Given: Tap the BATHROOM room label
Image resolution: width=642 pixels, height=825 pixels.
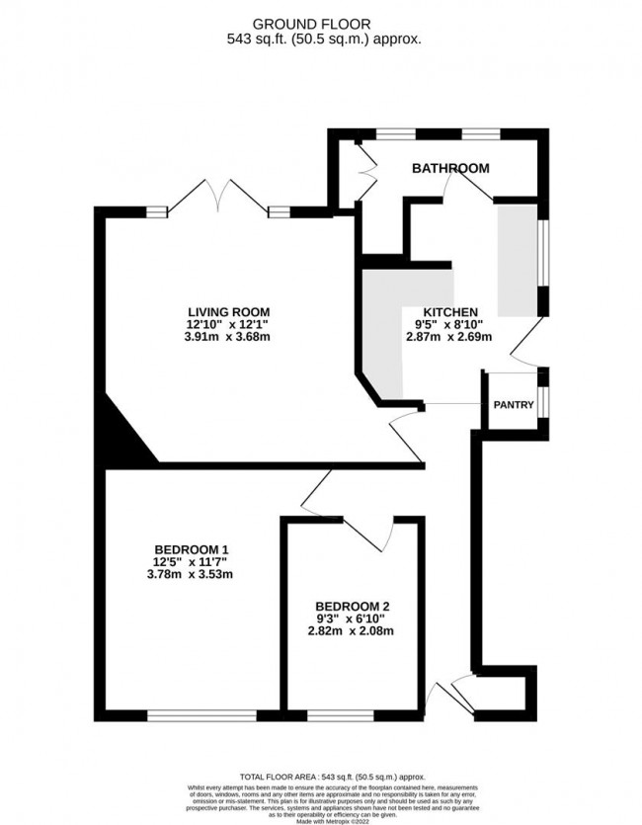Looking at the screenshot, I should [x=450, y=169].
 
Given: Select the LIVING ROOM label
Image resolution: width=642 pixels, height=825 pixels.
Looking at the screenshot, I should [x=229, y=308].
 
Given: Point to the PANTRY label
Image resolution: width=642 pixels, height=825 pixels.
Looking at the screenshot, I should [x=513, y=404].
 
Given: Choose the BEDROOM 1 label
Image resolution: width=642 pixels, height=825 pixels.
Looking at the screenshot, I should [x=192, y=549].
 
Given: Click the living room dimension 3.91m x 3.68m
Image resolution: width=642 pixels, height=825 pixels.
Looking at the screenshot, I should [x=229, y=336].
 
